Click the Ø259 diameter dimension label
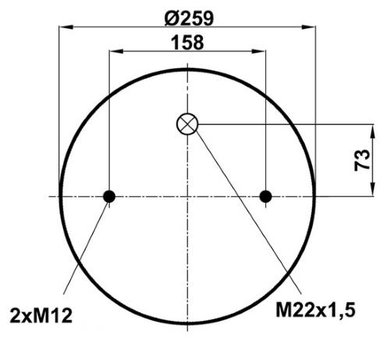pos(189,19)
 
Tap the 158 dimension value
pos(187,43)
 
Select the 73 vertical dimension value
pos(362,160)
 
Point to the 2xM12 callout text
pos(41,315)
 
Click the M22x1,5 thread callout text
pos(315,310)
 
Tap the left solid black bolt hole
pos(109,196)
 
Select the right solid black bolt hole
pos(266,196)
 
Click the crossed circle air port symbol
pos(187,124)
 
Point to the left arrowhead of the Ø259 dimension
pos(66,27)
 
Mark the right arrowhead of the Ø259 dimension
pos(308,27)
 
